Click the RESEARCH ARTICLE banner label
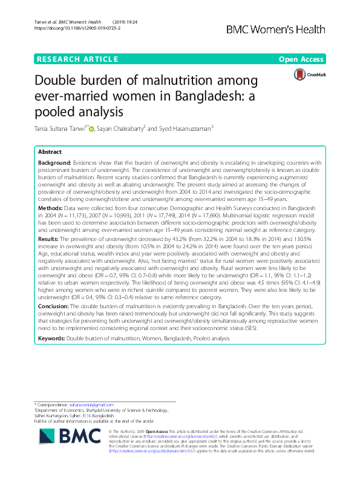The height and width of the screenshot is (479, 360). [77, 59]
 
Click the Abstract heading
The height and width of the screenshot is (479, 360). [50, 153]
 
